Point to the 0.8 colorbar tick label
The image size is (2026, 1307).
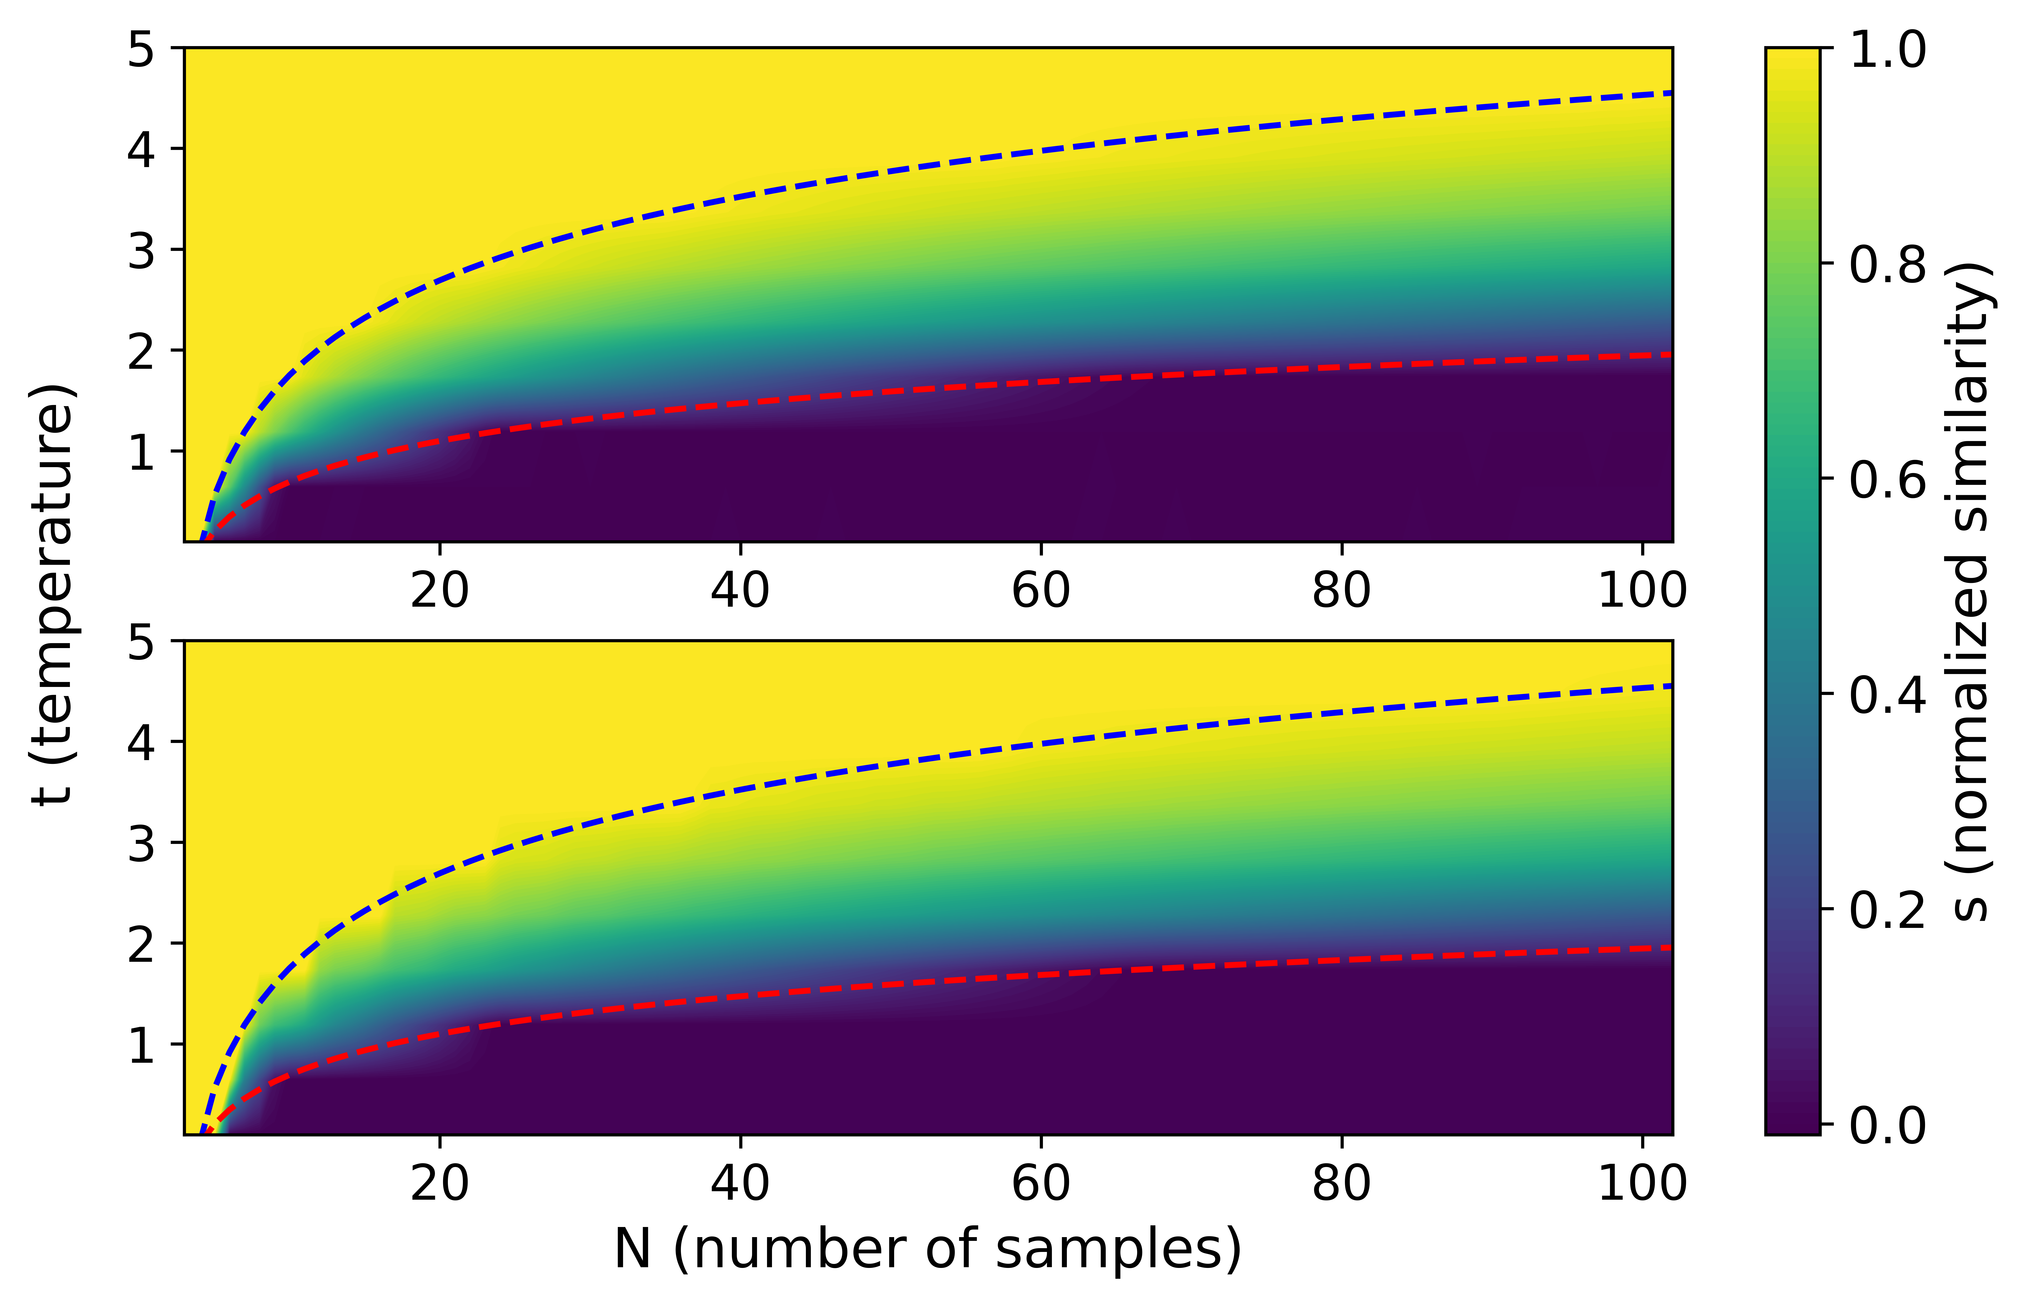[1888, 266]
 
